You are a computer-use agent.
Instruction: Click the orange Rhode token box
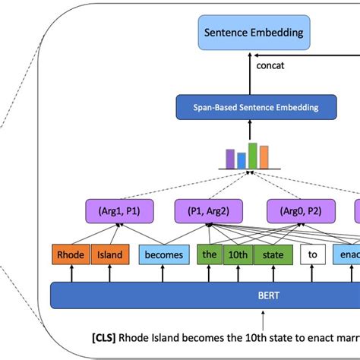pyautogui.click(x=69, y=255)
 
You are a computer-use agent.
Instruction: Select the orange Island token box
pyautogui.click(x=109, y=255)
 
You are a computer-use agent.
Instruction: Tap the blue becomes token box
pyautogui.click(x=163, y=255)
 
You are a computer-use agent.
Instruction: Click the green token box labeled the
pyautogui.click(x=209, y=255)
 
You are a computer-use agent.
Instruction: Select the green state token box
pyautogui.click(x=273, y=255)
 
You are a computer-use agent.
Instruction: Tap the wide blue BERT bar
pyautogui.click(x=205, y=295)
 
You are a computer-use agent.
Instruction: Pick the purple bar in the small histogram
pyautogui.click(x=230, y=159)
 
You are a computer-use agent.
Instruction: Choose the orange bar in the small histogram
pyautogui.click(x=264, y=158)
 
